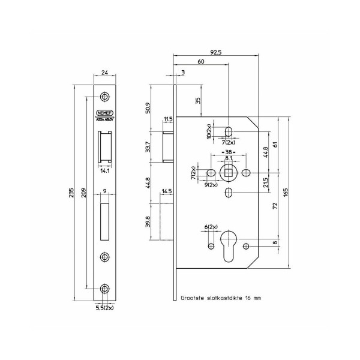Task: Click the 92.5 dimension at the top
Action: click(x=216, y=52)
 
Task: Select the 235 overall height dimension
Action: click(x=71, y=193)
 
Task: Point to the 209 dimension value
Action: click(x=84, y=193)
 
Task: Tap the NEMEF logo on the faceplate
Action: click(x=104, y=113)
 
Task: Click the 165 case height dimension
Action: click(x=286, y=193)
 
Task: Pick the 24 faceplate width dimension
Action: click(x=104, y=73)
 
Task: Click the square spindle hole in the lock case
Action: click(x=228, y=172)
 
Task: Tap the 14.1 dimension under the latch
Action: click(x=104, y=171)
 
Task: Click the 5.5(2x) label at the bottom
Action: click(x=104, y=308)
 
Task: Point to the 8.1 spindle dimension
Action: click(x=228, y=158)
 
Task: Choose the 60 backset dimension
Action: click(x=200, y=62)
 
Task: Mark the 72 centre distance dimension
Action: click(x=275, y=205)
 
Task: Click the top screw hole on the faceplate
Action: click(x=104, y=97)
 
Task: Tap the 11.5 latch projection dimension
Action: click(x=168, y=119)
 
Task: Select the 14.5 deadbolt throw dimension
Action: click(x=167, y=191)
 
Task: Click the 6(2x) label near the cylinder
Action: click(x=211, y=227)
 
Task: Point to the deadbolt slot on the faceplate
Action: click(x=104, y=221)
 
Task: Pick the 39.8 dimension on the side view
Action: click(x=148, y=221)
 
